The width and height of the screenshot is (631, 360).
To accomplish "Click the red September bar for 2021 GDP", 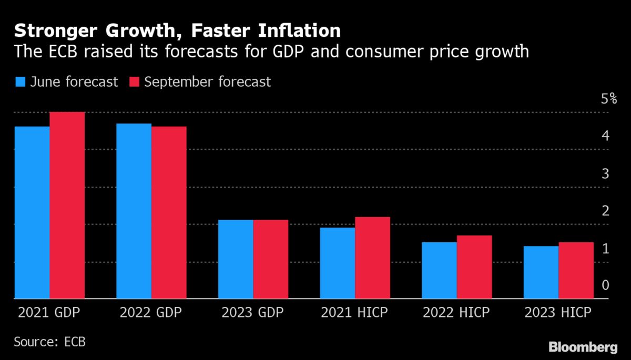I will (67, 205).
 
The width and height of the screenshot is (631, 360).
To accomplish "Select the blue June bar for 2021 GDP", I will (32, 212).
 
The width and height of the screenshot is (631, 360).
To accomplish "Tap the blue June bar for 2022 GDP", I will (134, 211).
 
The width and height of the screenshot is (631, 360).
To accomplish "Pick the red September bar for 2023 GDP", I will (271, 259).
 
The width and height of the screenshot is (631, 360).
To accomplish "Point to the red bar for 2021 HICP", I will (372, 258).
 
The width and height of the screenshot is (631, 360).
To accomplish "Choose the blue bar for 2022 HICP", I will (439, 270).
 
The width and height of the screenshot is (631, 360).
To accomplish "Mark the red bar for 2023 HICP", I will (576, 270).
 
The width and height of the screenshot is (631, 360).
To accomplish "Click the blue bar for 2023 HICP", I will (541, 272).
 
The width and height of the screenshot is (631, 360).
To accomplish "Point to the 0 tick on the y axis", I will (605, 285).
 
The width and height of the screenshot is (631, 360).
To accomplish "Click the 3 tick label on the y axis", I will (605, 173).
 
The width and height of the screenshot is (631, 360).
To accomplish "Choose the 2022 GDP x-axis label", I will (151, 313).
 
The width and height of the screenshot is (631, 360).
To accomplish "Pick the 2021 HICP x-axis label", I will (354, 313).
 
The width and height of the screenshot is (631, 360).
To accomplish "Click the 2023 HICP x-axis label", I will (557, 313).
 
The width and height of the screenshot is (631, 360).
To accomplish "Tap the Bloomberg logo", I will (583, 347).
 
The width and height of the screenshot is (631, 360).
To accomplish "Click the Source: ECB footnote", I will (49, 342).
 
